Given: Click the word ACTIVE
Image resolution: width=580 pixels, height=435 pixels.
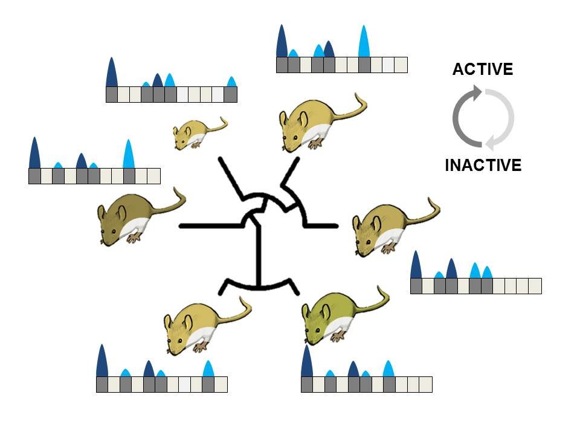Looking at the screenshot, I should pyautogui.click(x=483, y=69).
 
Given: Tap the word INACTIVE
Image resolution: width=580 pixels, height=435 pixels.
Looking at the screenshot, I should pyautogui.click(x=483, y=165).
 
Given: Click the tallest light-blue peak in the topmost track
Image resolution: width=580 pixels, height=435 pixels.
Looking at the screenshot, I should pyautogui.click(x=364, y=42).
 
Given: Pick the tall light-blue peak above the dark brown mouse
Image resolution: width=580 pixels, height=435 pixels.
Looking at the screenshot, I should pyautogui.click(x=128, y=154).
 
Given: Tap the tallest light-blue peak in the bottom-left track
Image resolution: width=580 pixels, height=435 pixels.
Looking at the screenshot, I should pyautogui.click(x=208, y=369).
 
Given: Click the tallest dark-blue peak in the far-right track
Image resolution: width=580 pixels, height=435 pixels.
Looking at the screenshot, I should pyautogui.click(x=416, y=265).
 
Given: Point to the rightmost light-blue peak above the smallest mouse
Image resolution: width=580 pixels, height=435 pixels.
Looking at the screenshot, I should pyautogui.click(x=231, y=82).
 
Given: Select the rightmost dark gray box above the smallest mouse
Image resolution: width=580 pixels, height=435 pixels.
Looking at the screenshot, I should pyautogui.click(x=230, y=94).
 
